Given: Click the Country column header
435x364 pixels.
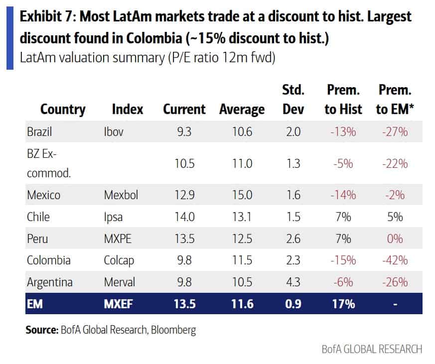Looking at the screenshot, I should [x=63, y=109].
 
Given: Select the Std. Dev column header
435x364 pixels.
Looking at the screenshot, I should [x=293, y=100].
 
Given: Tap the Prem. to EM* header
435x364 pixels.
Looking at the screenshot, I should [x=395, y=100].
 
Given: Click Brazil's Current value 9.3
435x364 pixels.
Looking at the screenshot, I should [x=184, y=132].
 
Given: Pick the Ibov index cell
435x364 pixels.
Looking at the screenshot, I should [x=114, y=132].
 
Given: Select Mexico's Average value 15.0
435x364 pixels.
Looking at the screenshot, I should [x=242, y=195].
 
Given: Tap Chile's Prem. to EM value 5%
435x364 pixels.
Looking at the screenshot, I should [x=395, y=217].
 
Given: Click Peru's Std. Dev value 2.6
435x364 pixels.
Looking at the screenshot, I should [x=293, y=239].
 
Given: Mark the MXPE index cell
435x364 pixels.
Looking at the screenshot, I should [x=118, y=239].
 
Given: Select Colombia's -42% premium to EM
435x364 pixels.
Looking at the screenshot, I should [x=395, y=260].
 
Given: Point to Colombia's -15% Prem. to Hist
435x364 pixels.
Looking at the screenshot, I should [x=343, y=260].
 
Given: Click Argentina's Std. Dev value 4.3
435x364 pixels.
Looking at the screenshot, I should [x=293, y=282].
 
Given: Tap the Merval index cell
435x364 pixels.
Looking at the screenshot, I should [x=119, y=282].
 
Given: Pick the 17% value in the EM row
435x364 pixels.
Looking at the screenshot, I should [x=343, y=304].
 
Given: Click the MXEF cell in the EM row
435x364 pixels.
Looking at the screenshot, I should [x=118, y=304].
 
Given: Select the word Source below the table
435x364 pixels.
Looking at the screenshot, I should [x=41, y=329].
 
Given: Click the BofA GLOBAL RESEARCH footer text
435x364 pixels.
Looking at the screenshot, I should [x=371, y=349].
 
